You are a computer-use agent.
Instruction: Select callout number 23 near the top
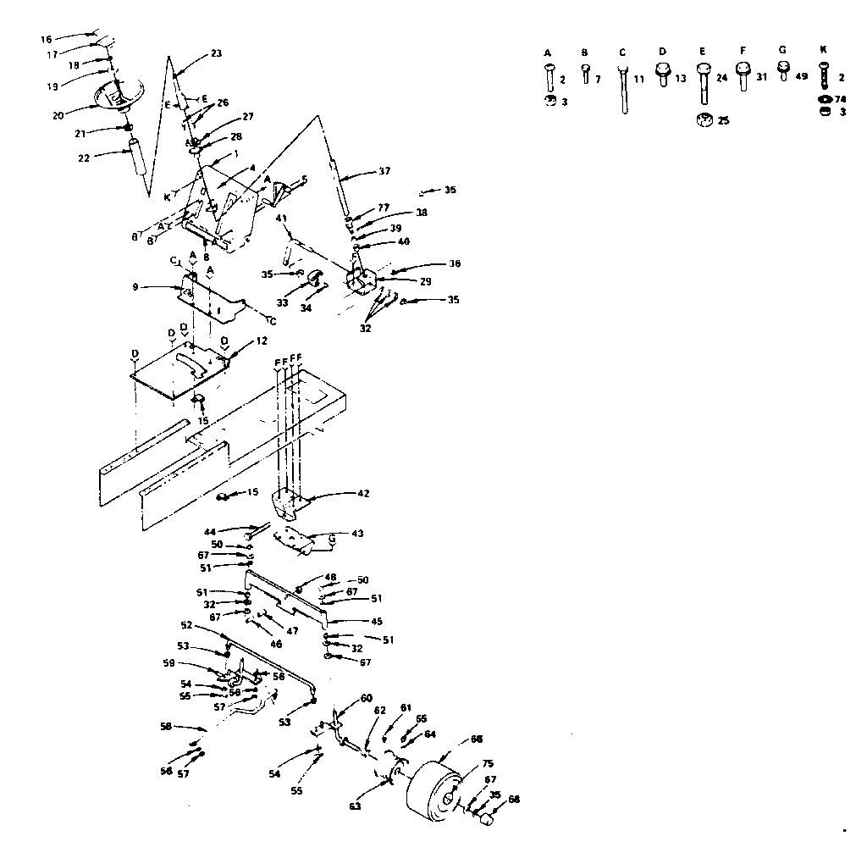pyautogui.click(x=216, y=53)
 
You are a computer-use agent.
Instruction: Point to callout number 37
pyautogui.click(x=384, y=171)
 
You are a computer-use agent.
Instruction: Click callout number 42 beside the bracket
pyautogui.click(x=362, y=493)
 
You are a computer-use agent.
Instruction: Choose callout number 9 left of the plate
pyautogui.click(x=135, y=287)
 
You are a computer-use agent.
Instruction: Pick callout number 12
pyautogui.click(x=262, y=341)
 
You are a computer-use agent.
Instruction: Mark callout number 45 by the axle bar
pyautogui.click(x=377, y=622)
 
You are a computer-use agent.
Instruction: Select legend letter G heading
pyautogui.click(x=782, y=50)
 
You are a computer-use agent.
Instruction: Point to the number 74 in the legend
pyautogui.click(x=842, y=98)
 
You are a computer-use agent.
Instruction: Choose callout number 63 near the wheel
pyautogui.click(x=355, y=806)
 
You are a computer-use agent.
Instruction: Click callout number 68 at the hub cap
pyautogui.click(x=514, y=800)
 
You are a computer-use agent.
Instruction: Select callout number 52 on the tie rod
pyautogui.click(x=186, y=625)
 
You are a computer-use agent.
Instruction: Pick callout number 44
pyautogui.click(x=210, y=532)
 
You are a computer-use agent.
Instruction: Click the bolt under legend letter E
pyautogui.click(x=703, y=83)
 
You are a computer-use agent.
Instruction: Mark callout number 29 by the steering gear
pyautogui.click(x=401, y=280)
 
